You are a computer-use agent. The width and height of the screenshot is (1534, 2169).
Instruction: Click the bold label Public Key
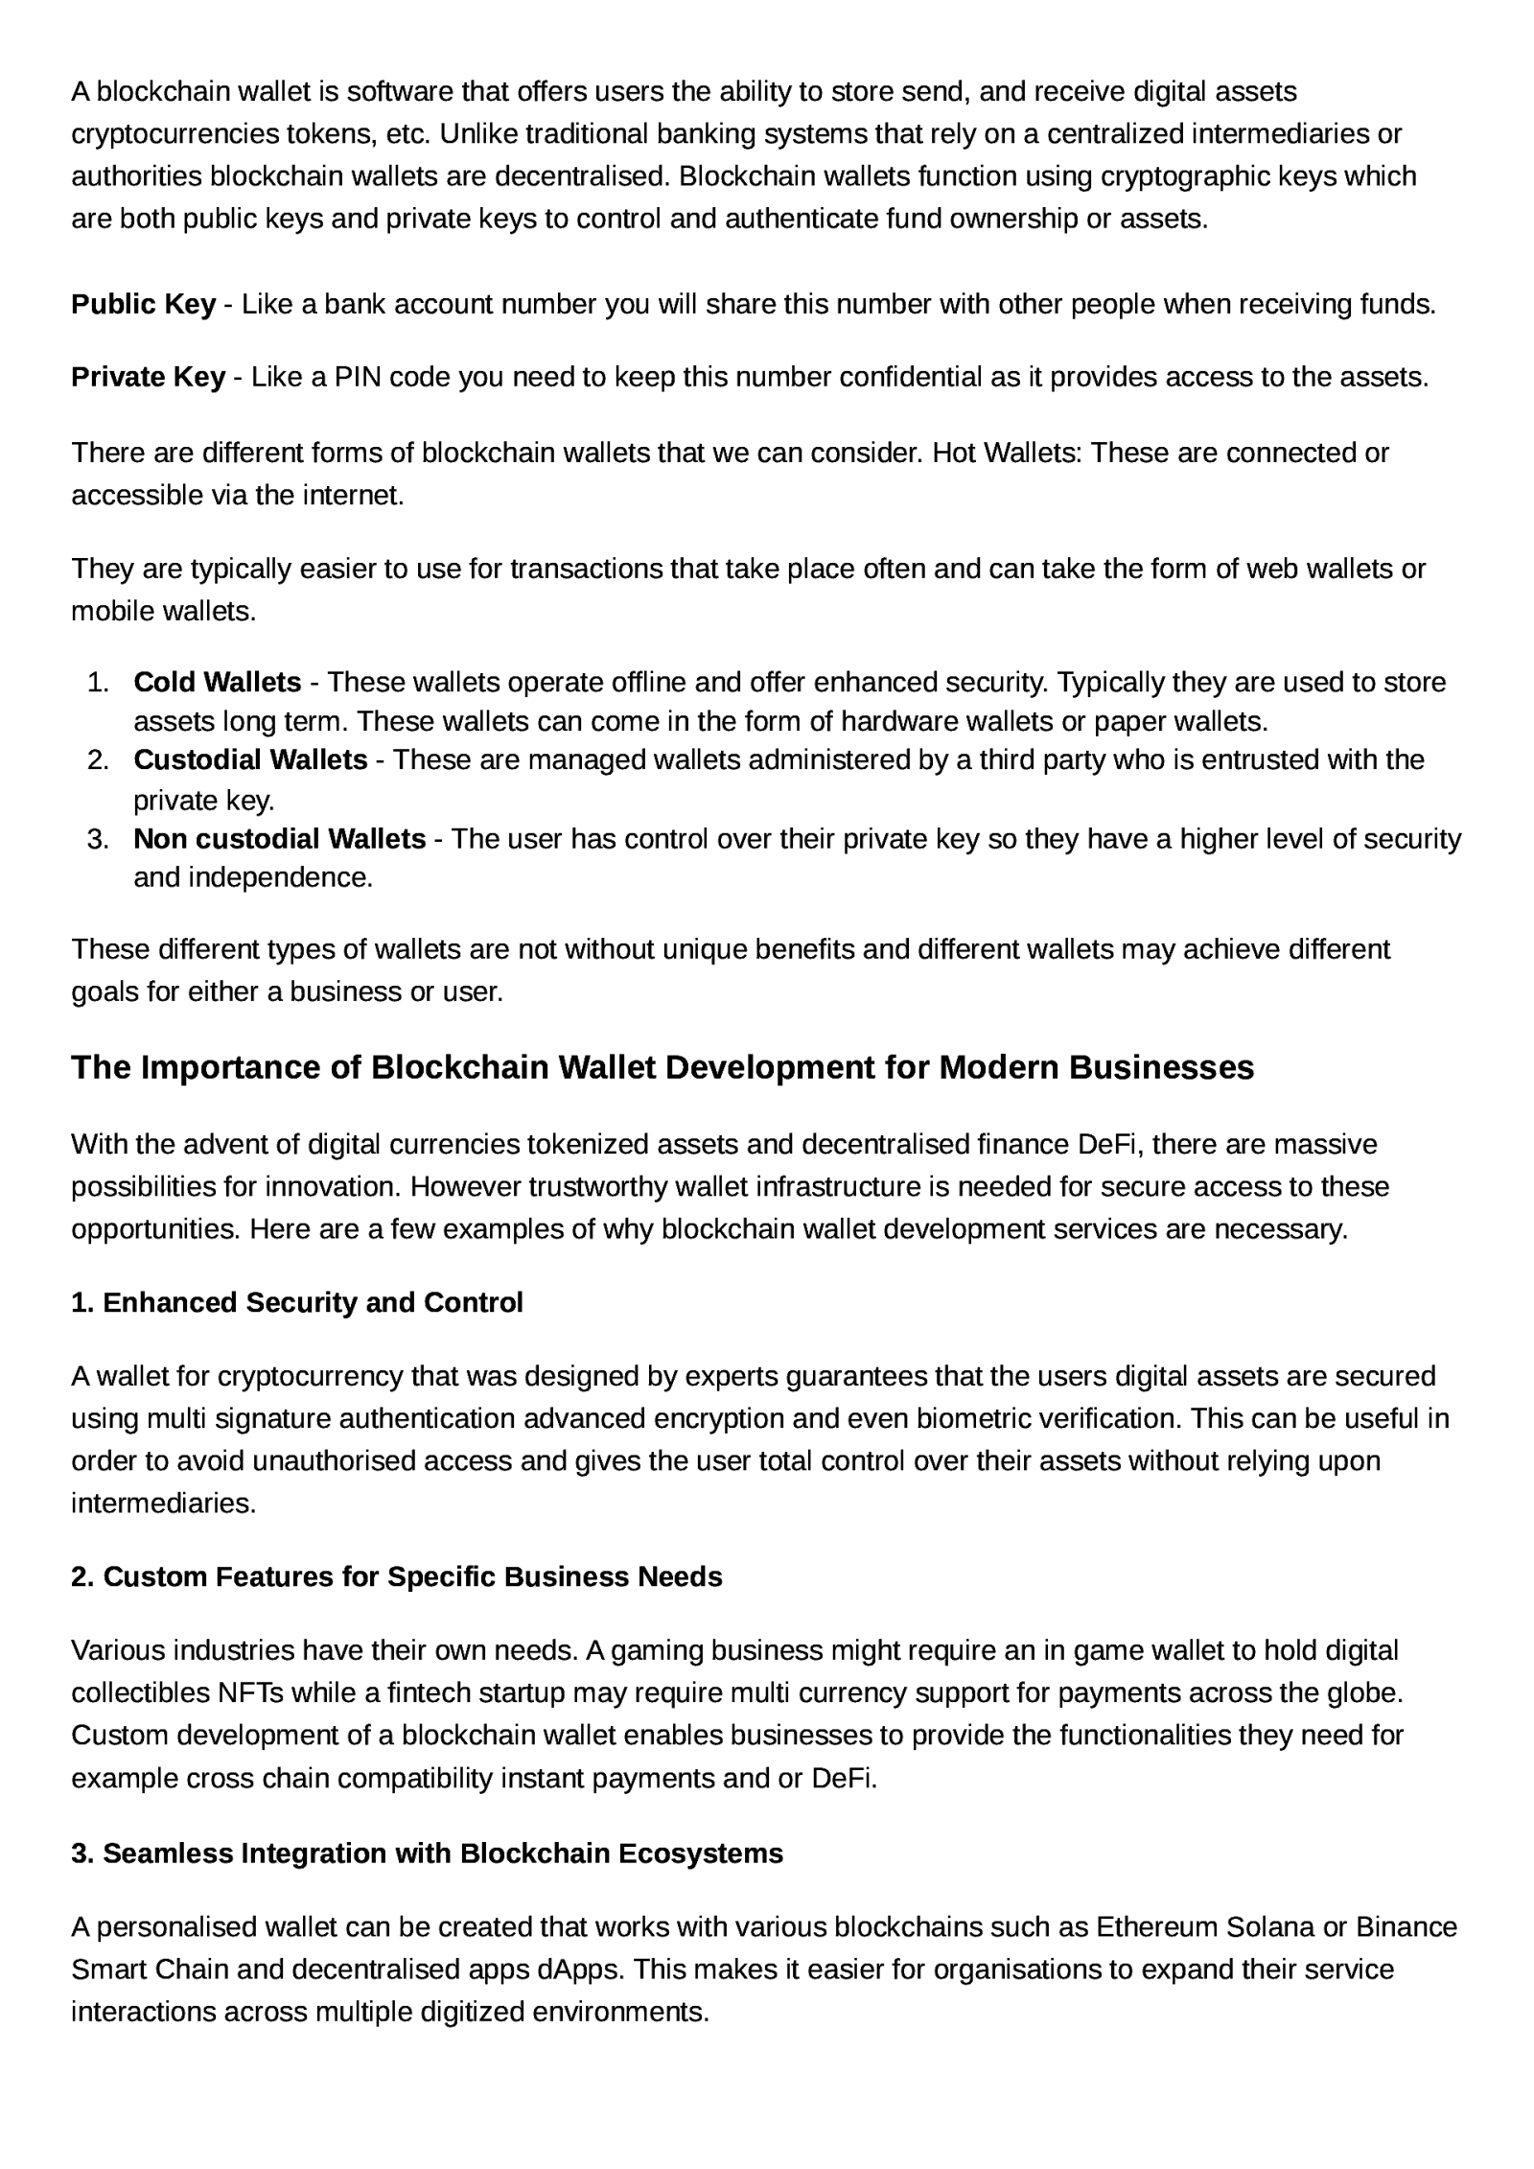pyautogui.click(x=143, y=304)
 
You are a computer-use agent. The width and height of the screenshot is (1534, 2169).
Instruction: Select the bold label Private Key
pyautogui.click(x=148, y=377)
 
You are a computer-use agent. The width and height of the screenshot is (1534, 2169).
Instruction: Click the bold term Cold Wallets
pyautogui.click(x=217, y=682)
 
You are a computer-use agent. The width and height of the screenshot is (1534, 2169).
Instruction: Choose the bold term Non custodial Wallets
pyautogui.click(x=279, y=839)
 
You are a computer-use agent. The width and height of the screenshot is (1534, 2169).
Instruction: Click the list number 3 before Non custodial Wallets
pyautogui.click(x=97, y=839)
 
